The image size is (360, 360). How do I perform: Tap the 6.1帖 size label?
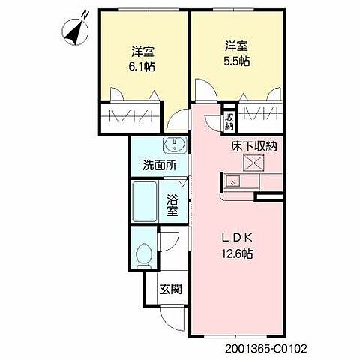[143, 66]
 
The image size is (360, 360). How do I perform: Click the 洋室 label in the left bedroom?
[143, 52]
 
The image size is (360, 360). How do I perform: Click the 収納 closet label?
[229, 120]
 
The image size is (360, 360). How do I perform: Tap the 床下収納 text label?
[253, 146]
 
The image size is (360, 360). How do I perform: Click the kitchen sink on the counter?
[232, 181]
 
